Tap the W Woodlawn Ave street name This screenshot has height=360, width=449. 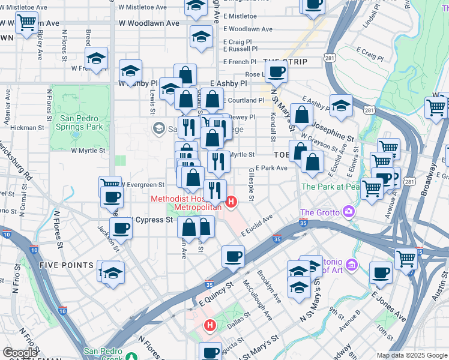(149, 23)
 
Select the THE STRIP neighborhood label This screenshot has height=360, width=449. (285, 62)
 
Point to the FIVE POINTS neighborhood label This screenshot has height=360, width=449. (67, 265)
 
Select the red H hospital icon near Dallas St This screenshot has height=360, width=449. (209, 326)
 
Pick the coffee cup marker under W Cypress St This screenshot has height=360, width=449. (121, 229)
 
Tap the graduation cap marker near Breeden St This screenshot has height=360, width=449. (96, 59)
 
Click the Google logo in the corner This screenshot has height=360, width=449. (19, 353)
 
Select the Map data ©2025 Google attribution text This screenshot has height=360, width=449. (412, 355)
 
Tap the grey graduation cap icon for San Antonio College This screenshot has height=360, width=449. (158, 128)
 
